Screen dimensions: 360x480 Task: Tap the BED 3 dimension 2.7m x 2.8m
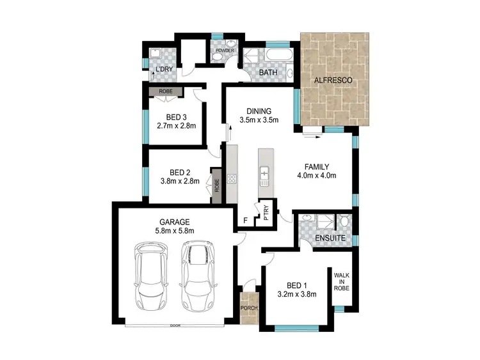click(176, 126)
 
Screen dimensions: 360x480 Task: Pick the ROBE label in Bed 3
click(166, 92)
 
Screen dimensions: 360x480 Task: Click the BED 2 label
click(180, 171)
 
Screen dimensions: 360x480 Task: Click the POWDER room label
click(225, 50)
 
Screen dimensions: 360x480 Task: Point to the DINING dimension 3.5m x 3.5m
click(259, 120)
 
